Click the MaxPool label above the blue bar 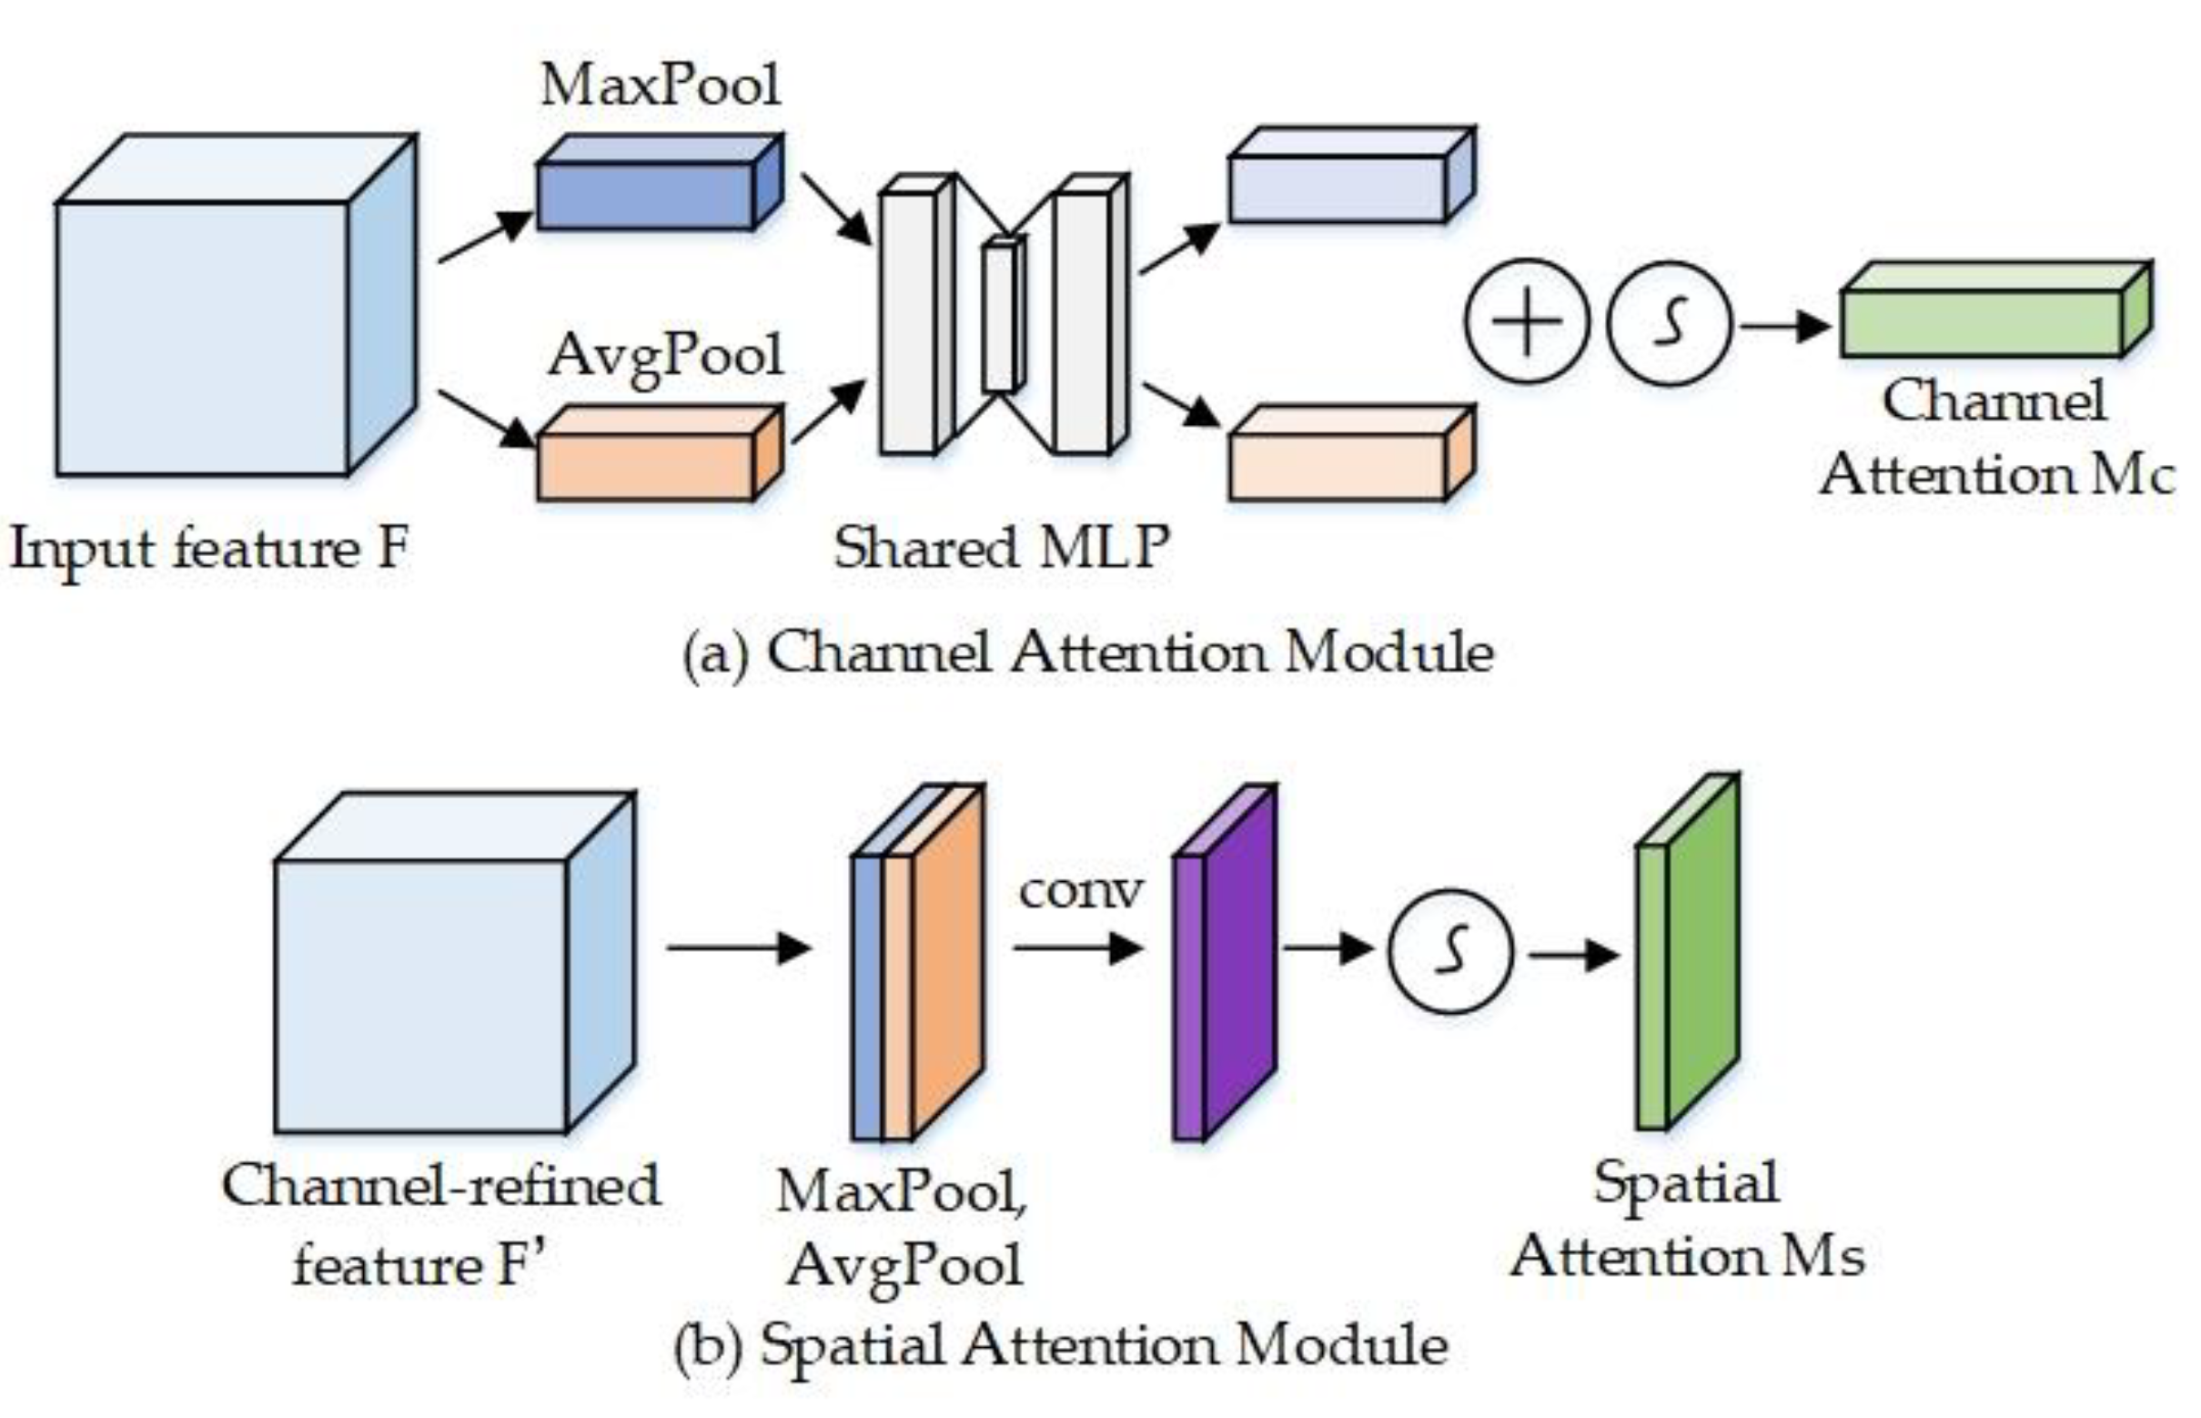pyautogui.click(x=660, y=86)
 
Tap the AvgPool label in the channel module pyautogui.click(x=664, y=356)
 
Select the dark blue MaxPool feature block pyautogui.click(x=647, y=195)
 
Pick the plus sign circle pyautogui.click(x=1526, y=321)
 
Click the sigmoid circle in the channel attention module pyautogui.click(x=1669, y=322)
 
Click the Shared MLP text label pyautogui.click(x=1001, y=547)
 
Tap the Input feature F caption pyautogui.click(x=209, y=549)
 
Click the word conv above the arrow pyautogui.click(x=1081, y=890)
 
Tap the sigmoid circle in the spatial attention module pyautogui.click(x=1450, y=951)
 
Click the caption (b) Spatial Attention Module pyautogui.click(x=1060, y=1346)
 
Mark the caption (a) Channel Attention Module pyautogui.click(x=1086, y=653)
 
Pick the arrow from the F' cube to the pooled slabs pyautogui.click(x=738, y=947)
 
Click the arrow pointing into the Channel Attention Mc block pyautogui.click(x=1784, y=325)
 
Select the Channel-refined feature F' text pyautogui.click(x=440, y=1224)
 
